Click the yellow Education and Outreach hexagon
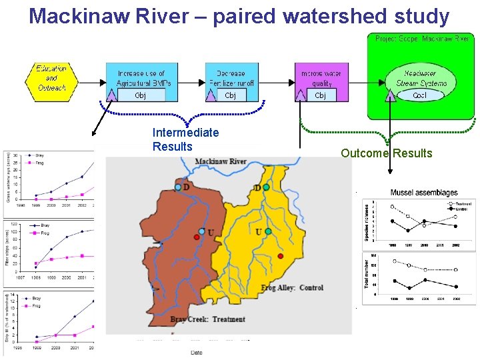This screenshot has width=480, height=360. click(x=51, y=78)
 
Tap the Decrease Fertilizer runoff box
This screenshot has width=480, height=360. click(x=231, y=78)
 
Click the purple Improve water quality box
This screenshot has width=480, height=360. click(x=321, y=78)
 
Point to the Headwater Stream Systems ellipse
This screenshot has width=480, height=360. click(x=420, y=78)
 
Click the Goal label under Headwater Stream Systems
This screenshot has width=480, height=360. click(x=420, y=95)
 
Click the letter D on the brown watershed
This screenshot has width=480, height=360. click(x=186, y=187)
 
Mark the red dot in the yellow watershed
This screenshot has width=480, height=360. click(x=281, y=256)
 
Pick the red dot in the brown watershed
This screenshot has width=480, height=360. click(x=197, y=237)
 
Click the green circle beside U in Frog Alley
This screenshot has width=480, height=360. click(x=268, y=231)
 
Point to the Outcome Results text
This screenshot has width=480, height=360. click(x=387, y=154)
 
